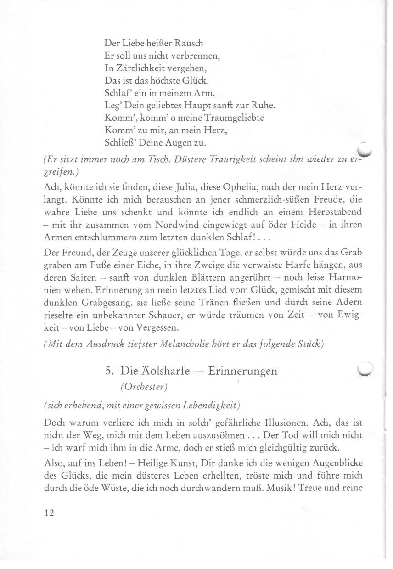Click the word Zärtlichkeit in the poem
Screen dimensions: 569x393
click(x=133, y=68)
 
